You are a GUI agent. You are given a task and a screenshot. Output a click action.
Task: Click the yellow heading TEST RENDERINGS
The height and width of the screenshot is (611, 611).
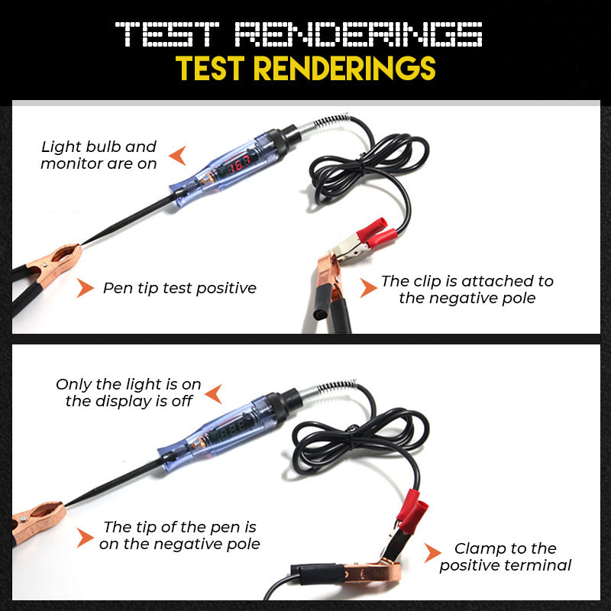305,69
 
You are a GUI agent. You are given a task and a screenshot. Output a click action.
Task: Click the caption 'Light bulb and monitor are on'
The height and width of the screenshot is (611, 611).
99,155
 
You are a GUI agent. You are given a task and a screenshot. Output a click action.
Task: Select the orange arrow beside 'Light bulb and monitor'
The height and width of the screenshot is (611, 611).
177,156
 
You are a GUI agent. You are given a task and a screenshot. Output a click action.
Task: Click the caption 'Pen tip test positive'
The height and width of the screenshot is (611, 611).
179,288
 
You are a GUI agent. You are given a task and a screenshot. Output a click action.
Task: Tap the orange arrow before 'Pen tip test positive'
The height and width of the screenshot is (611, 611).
86,288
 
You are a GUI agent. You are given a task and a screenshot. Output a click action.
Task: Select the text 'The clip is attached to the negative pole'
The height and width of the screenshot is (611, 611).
467,289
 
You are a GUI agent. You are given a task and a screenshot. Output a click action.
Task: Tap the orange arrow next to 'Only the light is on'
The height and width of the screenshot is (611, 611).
213,393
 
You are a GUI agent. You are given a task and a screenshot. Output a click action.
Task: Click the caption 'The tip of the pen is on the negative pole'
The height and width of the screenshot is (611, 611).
179,535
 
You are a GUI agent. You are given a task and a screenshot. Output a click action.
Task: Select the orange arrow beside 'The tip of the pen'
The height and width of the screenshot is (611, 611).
85,537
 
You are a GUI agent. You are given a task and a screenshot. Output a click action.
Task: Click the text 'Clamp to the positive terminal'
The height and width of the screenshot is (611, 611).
505,557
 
